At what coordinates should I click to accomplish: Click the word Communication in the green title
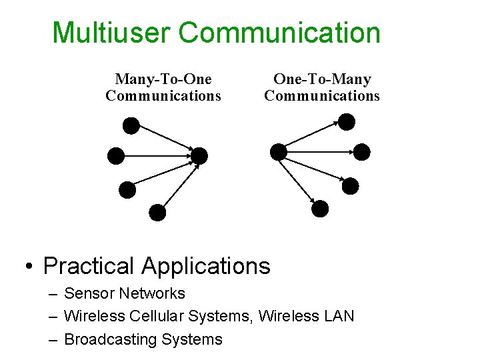280,32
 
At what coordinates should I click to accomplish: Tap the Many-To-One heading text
163,80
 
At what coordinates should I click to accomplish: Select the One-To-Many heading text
322,80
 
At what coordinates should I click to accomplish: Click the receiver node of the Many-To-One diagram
199,156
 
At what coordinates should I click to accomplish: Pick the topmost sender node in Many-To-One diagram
132,125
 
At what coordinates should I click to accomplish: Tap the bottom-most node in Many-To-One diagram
157,213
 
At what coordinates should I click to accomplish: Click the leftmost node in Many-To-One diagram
116,156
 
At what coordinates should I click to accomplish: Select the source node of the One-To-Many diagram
279,152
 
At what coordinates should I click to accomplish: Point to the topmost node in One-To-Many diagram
347,121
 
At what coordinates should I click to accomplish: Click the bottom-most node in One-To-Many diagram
321,209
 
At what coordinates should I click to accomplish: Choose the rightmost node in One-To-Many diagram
361,152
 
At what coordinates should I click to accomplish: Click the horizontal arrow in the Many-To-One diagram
157,156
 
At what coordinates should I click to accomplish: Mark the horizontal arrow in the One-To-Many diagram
320,152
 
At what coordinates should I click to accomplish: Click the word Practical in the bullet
89,266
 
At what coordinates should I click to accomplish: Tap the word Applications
206,266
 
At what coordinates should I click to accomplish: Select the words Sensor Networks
125,293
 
